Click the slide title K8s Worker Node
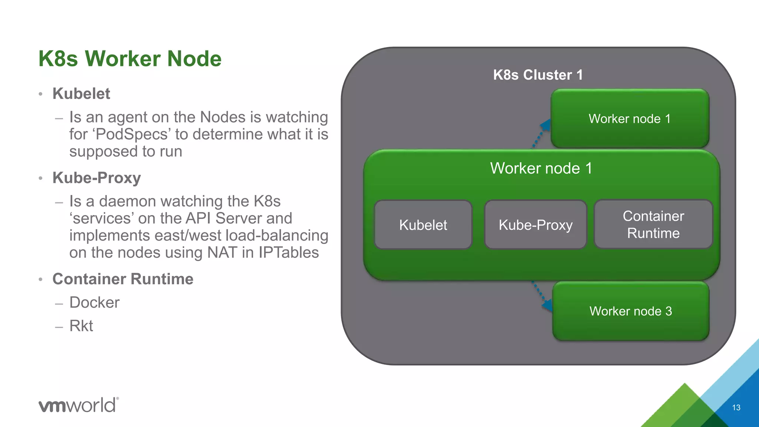point(130,59)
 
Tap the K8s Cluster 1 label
point(538,75)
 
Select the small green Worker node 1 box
point(630,119)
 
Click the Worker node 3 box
point(630,311)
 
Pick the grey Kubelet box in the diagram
point(423,225)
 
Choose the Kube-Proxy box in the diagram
point(536,225)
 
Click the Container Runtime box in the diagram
point(653,224)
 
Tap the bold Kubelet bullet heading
point(81,93)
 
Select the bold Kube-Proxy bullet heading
point(96,178)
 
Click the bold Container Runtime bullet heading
point(123,279)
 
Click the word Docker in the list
point(95,302)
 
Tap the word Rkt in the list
point(81,326)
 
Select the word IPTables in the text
point(288,252)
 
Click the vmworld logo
point(79,405)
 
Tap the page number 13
point(736,407)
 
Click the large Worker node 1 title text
point(541,168)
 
